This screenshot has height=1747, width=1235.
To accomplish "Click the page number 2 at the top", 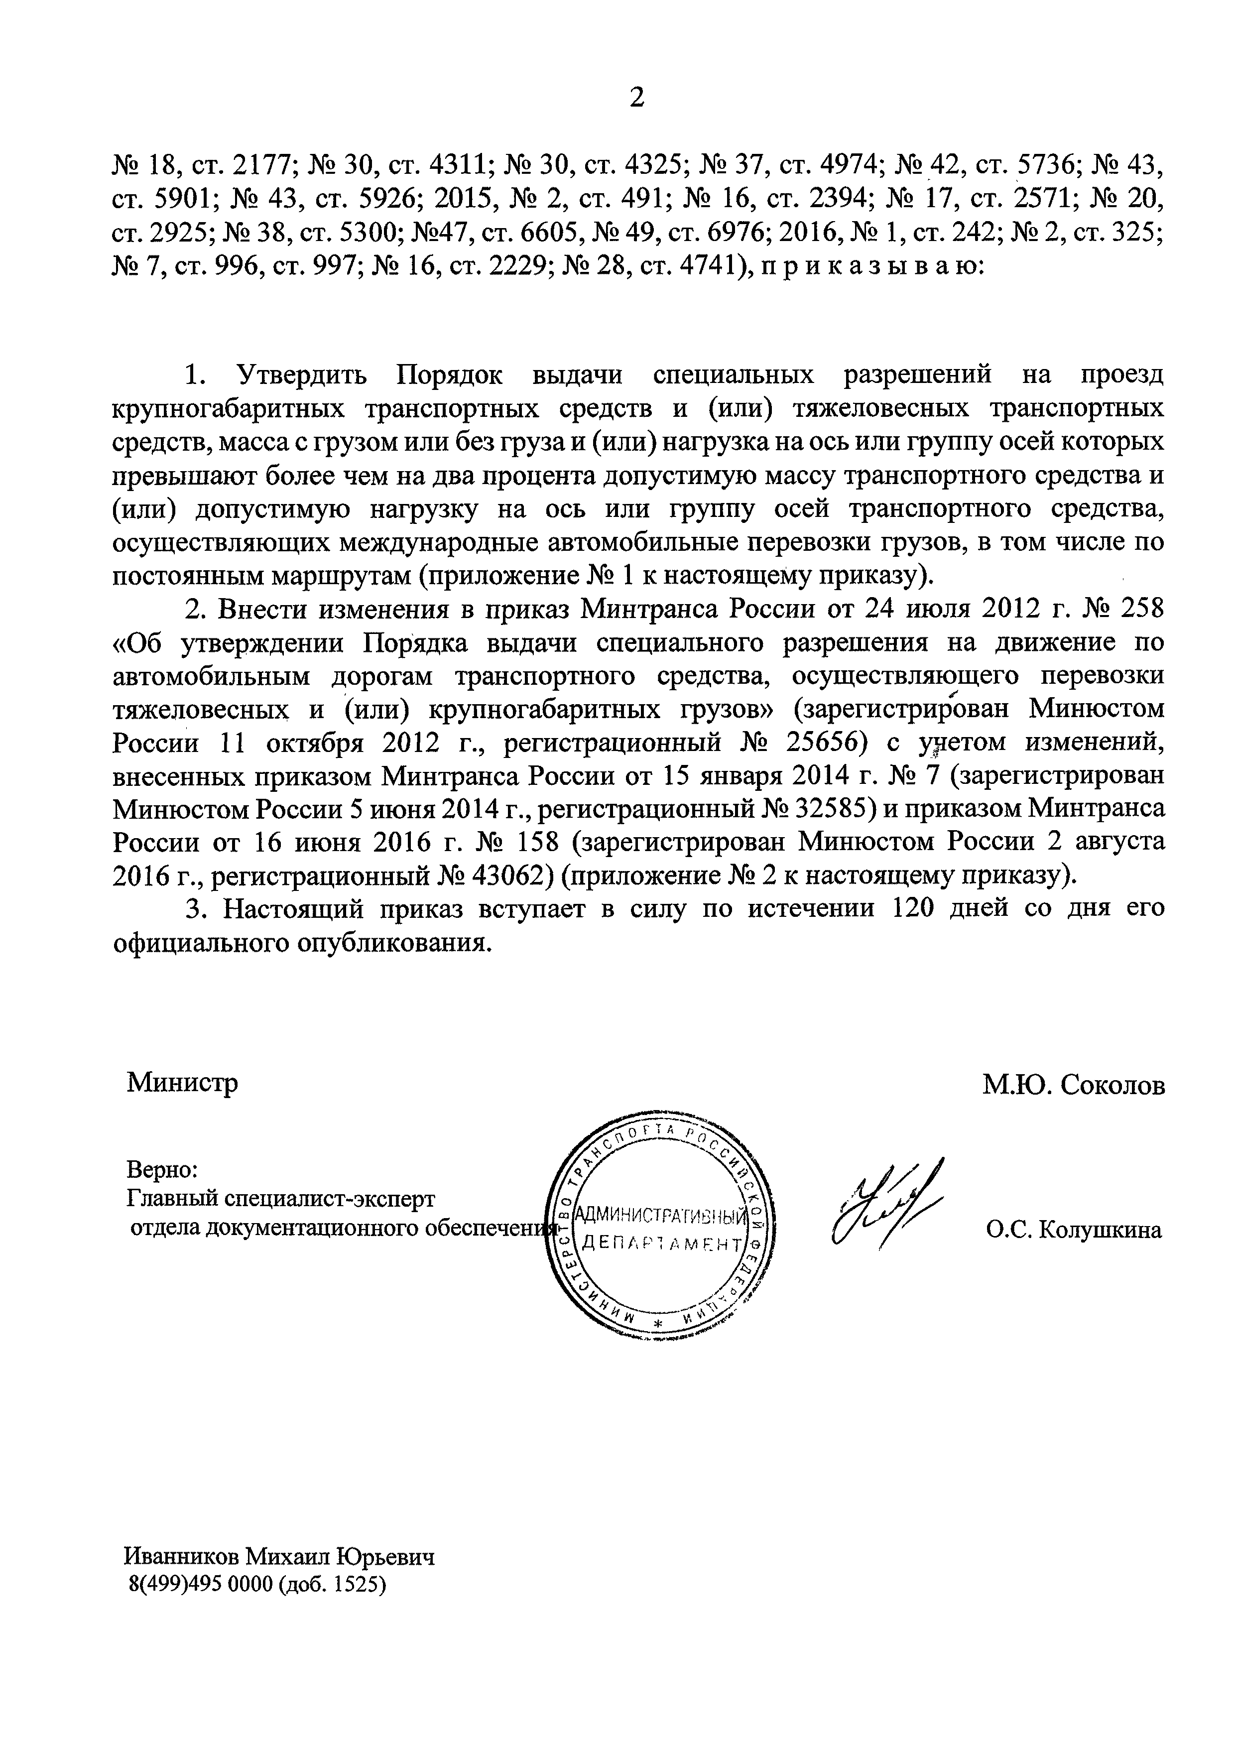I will pos(637,98).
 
